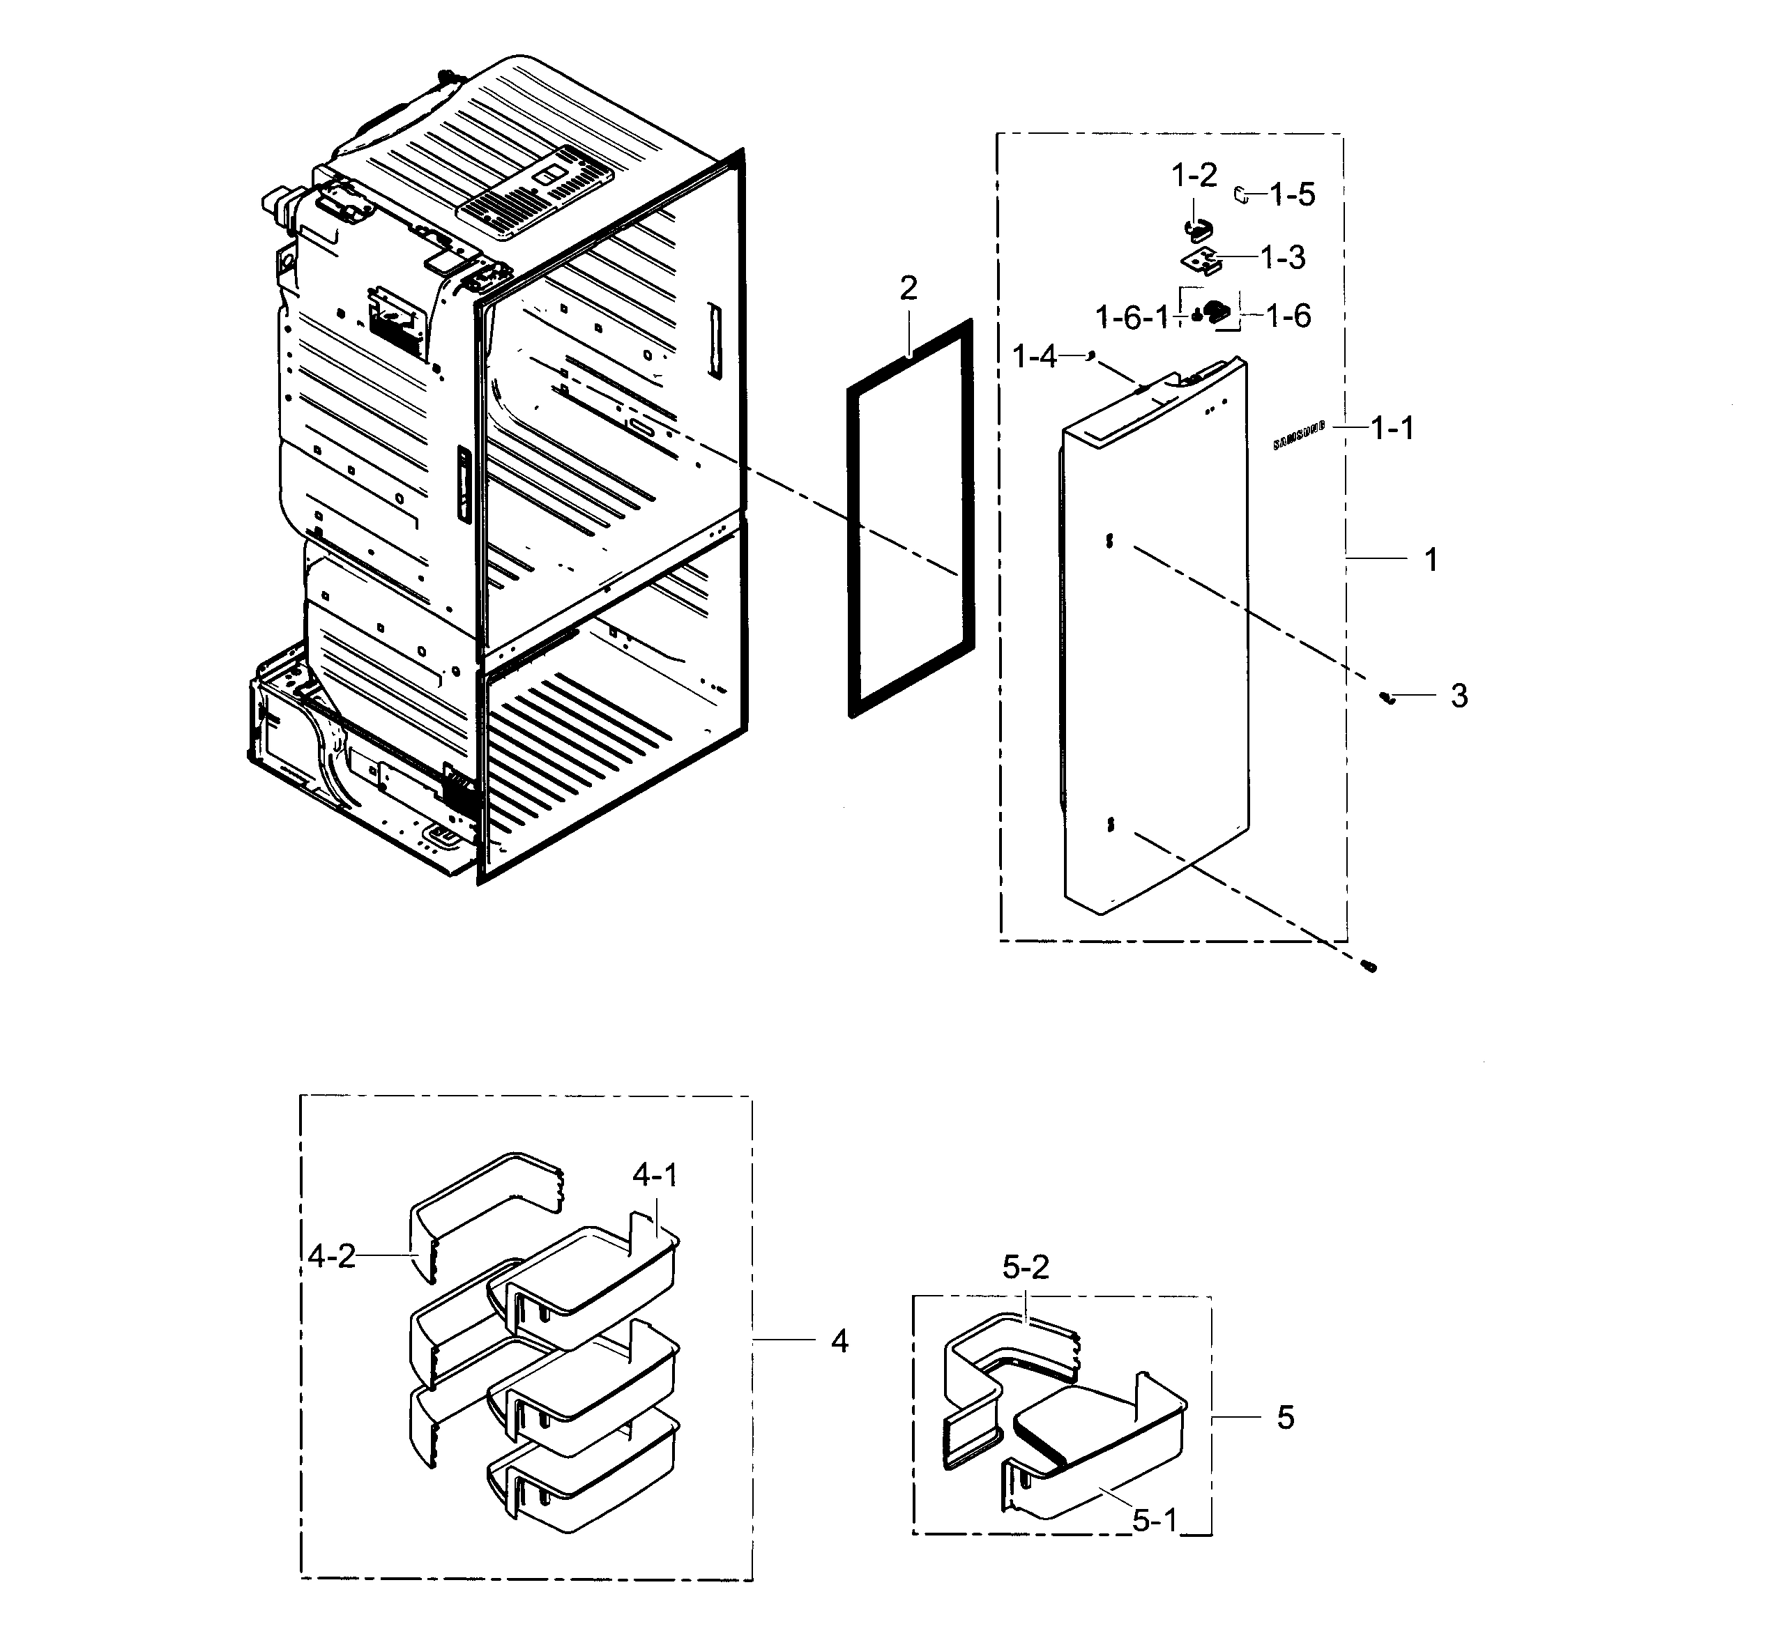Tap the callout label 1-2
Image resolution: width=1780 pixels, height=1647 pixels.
pyautogui.click(x=1194, y=176)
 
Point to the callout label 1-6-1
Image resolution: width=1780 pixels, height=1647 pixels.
pyautogui.click(x=1130, y=316)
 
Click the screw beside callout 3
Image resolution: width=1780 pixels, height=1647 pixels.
pyautogui.click(x=1386, y=697)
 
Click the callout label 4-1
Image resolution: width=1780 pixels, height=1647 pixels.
pyautogui.click(x=655, y=1176)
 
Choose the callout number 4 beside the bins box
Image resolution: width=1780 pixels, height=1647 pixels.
pyautogui.click(x=839, y=1340)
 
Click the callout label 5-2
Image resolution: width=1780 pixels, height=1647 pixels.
pyautogui.click(x=1025, y=1266)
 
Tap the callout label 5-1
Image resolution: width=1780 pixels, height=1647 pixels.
pyautogui.click(x=1155, y=1520)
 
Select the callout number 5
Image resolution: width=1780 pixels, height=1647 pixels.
pyautogui.click(x=1284, y=1417)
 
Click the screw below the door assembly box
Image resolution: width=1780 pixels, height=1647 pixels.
pyautogui.click(x=1369, y=965)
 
